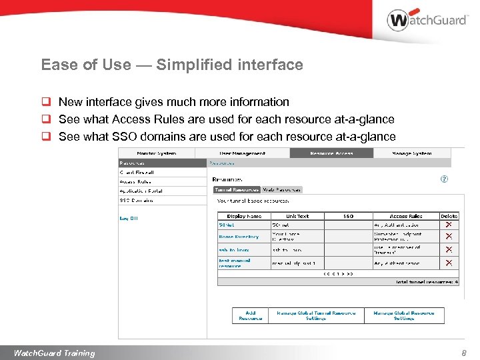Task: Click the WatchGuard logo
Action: (427, 20)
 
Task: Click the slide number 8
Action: (464, 353)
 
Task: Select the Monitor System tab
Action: (157, 153)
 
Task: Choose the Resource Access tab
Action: (331, 153)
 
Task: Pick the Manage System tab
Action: (412, 153)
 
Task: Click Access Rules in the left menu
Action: (135, 181)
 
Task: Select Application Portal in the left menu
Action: (141, 191)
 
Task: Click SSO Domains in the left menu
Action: (136, 200)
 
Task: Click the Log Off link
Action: (129, 218)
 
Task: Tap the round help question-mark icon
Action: (445, 179)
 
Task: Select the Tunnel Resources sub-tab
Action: (237, 189)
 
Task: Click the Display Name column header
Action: (244, 216)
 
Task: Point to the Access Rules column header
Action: (406, 216)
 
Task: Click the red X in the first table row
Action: (449, 225)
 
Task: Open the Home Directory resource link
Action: (239, 237)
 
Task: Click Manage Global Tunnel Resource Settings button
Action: (316, 315)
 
